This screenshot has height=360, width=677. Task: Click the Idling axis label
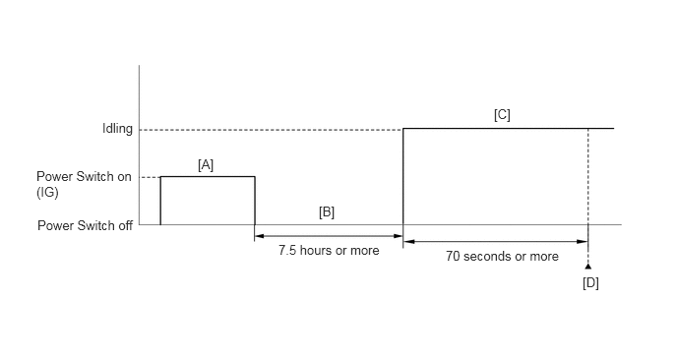[x=117, y=129]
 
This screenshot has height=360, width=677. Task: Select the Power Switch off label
[x=85, y=225]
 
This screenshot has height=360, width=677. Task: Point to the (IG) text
[x=47, y=192]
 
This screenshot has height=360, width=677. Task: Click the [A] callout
[x=206, y=165]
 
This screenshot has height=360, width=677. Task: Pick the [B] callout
[x=327, y=211]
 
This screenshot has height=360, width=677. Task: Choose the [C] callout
[x=502, y=115]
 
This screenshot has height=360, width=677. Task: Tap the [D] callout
[x=590, y=283]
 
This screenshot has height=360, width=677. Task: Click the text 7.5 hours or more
[x=329, y=251]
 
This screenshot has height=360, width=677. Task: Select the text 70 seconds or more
[x=502, y=257]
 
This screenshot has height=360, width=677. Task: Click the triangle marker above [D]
[x=588, y=267]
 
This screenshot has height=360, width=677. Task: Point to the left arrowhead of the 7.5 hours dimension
[x=260, y=236]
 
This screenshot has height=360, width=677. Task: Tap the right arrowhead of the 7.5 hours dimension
[x=399, y=236]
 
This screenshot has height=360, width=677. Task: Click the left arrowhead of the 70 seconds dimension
[x=408, y=242]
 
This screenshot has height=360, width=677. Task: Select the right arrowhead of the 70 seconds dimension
[x=584, y=242]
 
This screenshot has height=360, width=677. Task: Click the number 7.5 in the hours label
[x=287, y=251]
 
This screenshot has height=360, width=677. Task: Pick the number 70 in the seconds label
[x=453, y=257]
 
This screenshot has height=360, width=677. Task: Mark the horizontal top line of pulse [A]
[x=208, y=176]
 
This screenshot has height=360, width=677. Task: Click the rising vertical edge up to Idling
[x=403, y=176]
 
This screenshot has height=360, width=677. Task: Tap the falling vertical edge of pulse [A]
[x=255, y=201]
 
